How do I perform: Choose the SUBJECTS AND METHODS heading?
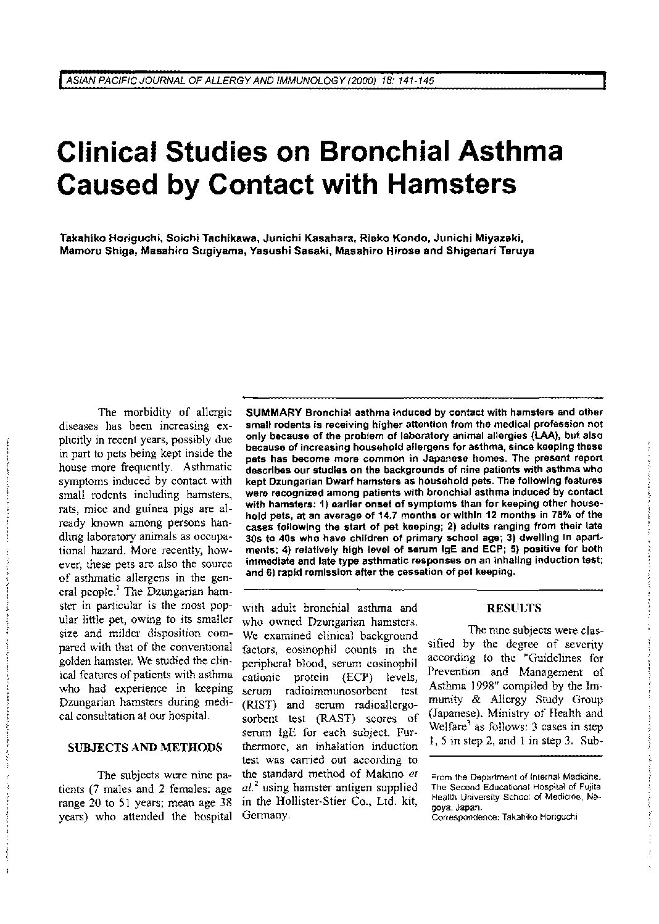pyautogui.click(x=144, y=748)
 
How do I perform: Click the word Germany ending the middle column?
pyautogui.click(x=265, y=816)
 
